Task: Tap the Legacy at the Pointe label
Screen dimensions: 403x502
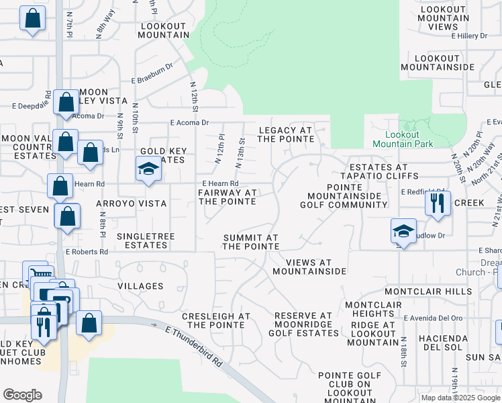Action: pos(285,134)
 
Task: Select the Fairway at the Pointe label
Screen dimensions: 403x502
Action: pos(227,197)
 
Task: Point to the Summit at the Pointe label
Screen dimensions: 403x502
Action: pos(250,242)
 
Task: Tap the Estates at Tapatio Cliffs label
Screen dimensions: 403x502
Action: pos(374,171)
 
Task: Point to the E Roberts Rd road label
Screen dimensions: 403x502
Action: pos(87,252)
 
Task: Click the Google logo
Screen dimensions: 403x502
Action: pos(22,395)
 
